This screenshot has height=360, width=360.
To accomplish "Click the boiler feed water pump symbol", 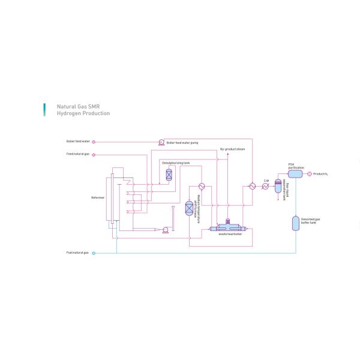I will point(161,142).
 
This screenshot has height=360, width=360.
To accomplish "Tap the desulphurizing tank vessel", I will point(169,173).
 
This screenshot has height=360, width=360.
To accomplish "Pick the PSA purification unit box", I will point(295,174).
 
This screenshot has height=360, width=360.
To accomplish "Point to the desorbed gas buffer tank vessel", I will point(295,223).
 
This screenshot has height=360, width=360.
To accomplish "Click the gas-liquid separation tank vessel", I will point(278,186).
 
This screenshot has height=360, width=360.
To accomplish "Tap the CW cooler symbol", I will point(266,186).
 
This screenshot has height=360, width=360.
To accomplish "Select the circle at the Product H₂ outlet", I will point(310,174).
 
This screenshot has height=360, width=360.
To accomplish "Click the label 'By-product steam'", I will point(233,149).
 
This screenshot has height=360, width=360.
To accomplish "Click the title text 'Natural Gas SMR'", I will point(78,106).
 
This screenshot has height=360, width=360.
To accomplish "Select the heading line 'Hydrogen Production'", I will point(83,113).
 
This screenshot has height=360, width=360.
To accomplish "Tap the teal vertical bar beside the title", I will point(43,109).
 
